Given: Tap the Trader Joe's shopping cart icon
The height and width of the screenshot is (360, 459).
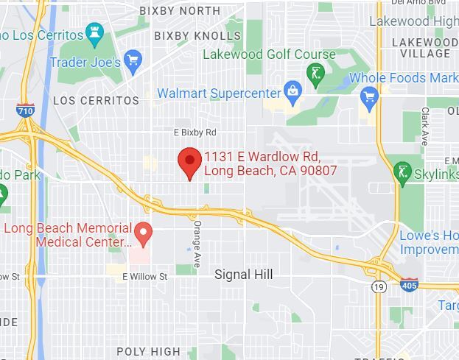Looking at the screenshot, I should coord(133,61).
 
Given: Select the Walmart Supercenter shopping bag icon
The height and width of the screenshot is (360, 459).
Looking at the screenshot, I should coord(293,92).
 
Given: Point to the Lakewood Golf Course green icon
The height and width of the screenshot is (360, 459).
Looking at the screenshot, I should coord(315,74).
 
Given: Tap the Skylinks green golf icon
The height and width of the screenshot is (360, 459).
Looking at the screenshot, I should coord(402,173).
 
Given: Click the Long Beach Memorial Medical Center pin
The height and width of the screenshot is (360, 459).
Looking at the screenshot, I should coord(144,233).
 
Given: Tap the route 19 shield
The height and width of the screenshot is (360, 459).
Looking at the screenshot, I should coord(379,286).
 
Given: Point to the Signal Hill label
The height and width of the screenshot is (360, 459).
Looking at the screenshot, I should coord(243,275).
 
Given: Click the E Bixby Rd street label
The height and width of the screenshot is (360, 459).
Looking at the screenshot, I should coord(195,133).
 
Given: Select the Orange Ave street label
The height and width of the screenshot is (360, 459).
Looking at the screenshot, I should coord(197,237).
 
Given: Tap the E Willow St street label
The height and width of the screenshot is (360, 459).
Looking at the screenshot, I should coord(145,277).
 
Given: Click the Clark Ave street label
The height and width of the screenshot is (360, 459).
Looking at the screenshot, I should coord(425,125).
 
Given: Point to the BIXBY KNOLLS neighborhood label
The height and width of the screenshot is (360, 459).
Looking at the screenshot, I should coord(197,36).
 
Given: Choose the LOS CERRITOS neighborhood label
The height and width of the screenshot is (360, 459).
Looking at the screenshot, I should coord(96,100).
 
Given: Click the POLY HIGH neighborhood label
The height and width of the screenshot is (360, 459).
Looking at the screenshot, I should coord(148,351).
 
